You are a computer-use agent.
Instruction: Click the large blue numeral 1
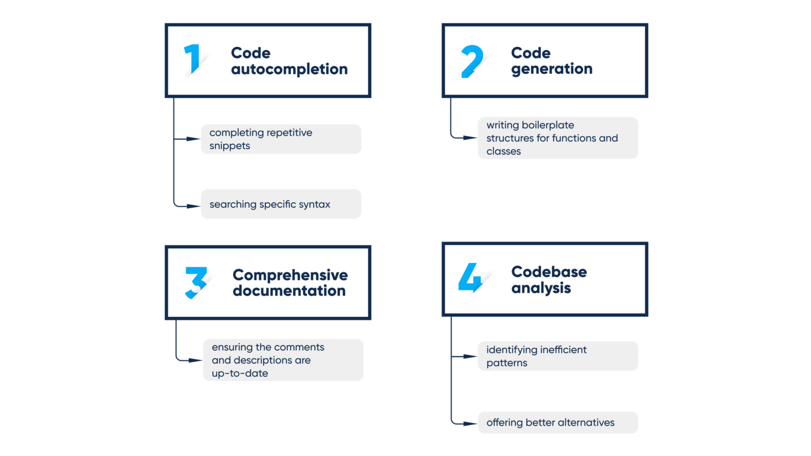193,59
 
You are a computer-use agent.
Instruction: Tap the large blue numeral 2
471,61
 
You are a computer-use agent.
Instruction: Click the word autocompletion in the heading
289,69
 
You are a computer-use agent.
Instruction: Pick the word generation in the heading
551,69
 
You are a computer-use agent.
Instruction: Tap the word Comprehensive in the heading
290,275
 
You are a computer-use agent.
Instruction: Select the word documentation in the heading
289,290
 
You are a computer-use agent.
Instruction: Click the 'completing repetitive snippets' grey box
280,139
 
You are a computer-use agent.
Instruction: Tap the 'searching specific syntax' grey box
280,204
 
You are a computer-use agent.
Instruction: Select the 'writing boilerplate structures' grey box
558,138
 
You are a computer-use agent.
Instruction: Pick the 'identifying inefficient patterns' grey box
558,356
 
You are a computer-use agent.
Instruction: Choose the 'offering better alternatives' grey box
558,422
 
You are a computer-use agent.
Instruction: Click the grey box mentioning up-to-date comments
283,360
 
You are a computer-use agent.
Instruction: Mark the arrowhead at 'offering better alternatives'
471,423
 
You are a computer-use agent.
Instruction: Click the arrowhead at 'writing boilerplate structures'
471,137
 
